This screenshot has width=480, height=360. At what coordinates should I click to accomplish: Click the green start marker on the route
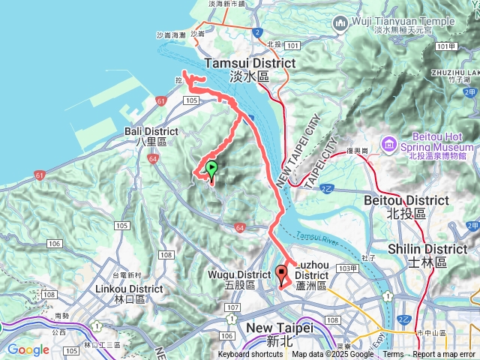[x=212, y=169]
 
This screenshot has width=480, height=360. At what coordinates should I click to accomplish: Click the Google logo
[x=28, y=349]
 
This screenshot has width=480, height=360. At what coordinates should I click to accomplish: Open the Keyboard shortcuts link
[x=250, y=355]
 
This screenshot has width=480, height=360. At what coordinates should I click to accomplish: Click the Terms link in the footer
[x=393, y=355]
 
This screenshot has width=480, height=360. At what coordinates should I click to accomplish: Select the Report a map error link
[x=444, y=355]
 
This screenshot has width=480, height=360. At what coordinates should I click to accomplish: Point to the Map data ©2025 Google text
[x=332, y=355]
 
